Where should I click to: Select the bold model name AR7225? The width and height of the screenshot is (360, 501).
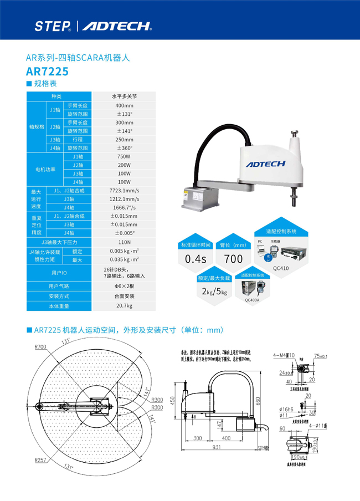(47, 71)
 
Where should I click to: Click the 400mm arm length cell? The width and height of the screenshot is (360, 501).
(124, 105)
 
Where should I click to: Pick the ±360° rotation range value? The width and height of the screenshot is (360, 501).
(124, 148)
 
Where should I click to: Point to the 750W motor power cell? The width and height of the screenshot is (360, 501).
(124, 157)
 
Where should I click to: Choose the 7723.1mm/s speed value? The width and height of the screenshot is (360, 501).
(124, 191)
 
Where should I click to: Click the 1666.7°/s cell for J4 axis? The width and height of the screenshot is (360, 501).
(124, 207)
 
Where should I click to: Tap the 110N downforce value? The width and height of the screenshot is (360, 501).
(124, 242)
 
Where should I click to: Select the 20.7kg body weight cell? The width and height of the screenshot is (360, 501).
(124, 305)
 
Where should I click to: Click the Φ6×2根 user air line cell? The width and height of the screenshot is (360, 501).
(124, 286)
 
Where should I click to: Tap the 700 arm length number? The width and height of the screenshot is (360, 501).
(233, 259)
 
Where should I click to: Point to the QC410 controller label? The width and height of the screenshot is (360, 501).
(280, 267)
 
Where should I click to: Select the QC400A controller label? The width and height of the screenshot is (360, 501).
(252, 299)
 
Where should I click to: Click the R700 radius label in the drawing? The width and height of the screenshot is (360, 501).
(40, 346)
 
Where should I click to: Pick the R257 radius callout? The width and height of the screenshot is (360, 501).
(40, 460)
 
